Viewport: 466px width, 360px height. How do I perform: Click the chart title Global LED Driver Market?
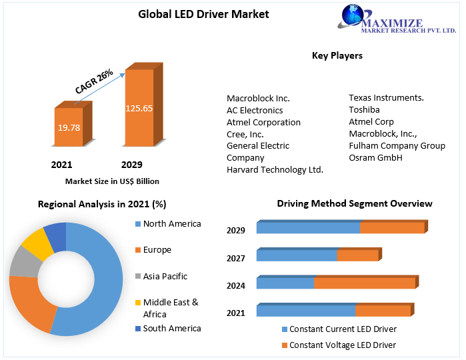click(203, 14)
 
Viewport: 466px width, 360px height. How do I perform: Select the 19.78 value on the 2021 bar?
click(68, 128)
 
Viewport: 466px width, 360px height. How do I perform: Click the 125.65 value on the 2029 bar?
click(139, 108)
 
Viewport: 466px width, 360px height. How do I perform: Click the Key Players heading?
click(337, 56)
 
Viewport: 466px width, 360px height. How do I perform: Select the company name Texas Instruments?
click(386, 98)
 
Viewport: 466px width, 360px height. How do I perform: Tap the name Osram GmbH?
click(376, 158)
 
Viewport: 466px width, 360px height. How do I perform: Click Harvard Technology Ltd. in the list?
click(275, 170)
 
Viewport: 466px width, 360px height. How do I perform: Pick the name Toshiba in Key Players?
click(364, 110)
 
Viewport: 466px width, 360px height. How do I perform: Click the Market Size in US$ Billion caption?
click(112, 181)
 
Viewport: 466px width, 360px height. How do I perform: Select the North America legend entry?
click(171, 224)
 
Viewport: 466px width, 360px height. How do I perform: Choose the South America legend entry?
click(171, 329)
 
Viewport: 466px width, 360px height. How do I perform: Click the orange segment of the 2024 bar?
click(364, 283)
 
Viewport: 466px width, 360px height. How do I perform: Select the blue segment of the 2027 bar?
click(297, 255)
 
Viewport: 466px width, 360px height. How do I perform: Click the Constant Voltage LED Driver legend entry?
click(342, 345)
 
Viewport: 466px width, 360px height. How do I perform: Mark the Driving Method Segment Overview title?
click(354, 204)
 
